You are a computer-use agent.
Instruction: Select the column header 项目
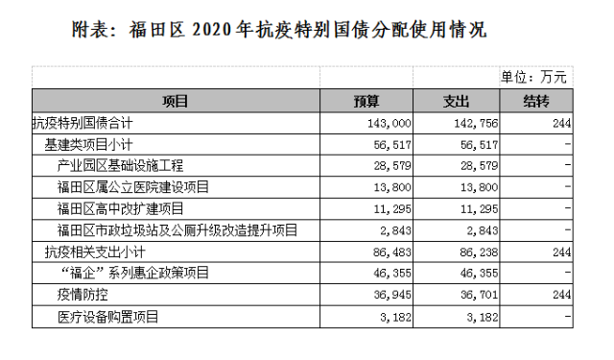(176, 101)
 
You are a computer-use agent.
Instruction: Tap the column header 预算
(367, 101)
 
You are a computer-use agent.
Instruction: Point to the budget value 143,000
(390, 123)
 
